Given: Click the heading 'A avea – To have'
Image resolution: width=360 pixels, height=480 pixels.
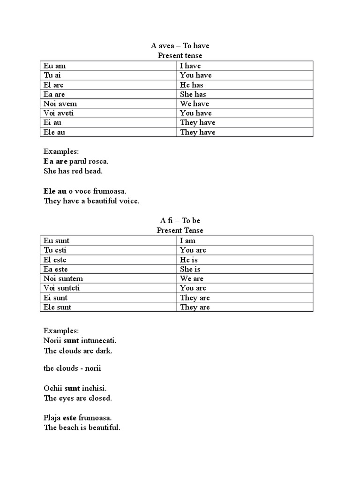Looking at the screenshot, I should click(x=180, y=46).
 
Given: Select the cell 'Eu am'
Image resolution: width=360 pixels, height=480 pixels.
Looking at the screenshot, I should click(x=55, y=66).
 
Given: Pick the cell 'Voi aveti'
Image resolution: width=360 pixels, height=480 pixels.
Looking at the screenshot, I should click(x=59, y=113).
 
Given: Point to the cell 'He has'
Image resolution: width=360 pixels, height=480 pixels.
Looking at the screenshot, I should click(x=191, y=85).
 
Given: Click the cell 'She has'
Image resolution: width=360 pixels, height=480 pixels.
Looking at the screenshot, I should click(x=193, y=94).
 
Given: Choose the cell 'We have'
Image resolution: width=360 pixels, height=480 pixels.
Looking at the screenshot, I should click(x=194, y=104).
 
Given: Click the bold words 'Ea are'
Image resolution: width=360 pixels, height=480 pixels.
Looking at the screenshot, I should click(x=55, y=161).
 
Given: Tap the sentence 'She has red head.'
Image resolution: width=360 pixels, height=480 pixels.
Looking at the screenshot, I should click(x=73, y=171).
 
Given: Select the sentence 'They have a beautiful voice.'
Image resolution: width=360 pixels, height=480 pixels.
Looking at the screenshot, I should click(x=91, y=201).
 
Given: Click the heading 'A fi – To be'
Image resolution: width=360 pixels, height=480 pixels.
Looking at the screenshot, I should click(x=180, y=221).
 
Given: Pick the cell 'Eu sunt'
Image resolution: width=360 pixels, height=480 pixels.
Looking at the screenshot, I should click(x=57, y=241).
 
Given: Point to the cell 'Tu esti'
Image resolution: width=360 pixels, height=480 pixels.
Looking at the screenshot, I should click(x=55, y=250).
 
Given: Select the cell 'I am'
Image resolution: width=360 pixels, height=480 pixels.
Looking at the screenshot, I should click(x=188, y=241).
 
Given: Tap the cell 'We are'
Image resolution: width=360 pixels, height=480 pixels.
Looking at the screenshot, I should click(x=192, y=278).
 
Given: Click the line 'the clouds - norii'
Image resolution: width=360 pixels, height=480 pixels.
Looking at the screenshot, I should click(x=72, y=368).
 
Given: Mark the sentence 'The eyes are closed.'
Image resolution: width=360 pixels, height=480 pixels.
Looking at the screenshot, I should click(x=77, y=398).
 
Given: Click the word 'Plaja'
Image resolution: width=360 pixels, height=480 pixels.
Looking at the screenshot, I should click(x=52, y=418).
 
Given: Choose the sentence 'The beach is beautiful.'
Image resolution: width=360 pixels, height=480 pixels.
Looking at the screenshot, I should click(x=82, y=427).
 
